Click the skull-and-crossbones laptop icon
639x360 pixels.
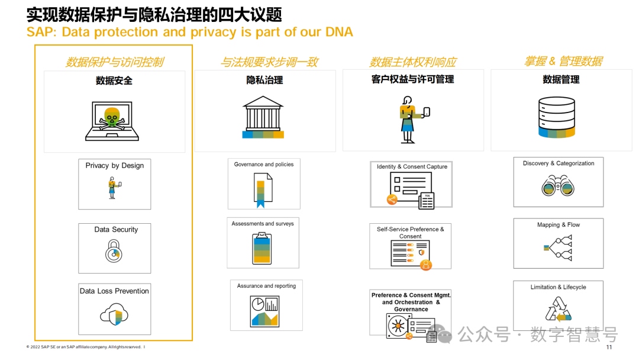[112, 121]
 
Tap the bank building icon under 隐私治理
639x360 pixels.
[263, 117]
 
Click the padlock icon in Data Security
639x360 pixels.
[114, 252]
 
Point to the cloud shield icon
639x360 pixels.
[114, 314]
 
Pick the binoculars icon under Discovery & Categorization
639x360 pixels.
[557, 186]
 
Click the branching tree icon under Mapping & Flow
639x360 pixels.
[558, 247]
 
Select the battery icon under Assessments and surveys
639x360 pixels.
[262, 248]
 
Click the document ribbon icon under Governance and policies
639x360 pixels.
[263, 189]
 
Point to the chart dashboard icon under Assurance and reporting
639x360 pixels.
[264, 311]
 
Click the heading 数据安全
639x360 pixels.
[114, 81]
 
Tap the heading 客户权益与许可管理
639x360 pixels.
[412, 79]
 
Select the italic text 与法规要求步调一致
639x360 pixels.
[269, 62]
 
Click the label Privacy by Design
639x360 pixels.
[115, 166]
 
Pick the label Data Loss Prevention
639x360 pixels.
[114, 291]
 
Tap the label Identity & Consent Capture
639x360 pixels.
[412, 166]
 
